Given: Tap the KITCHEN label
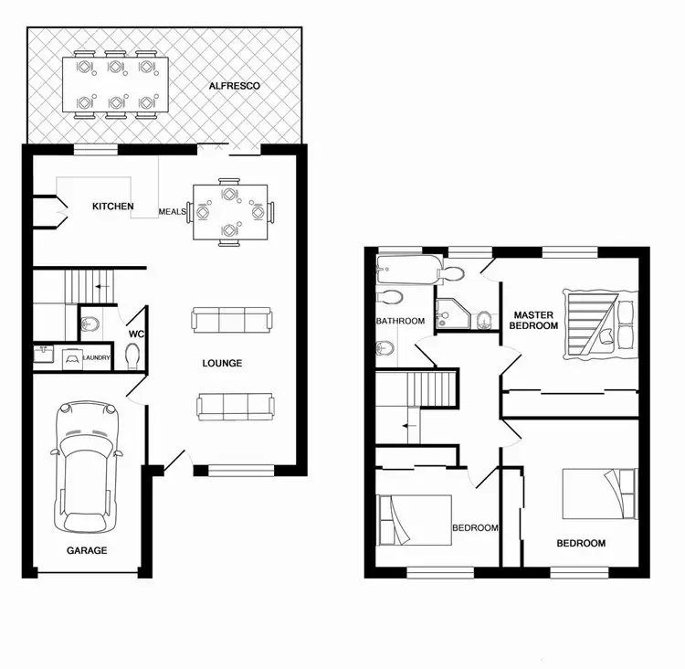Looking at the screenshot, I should [x=113, y=207].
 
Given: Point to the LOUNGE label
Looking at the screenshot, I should [x=222, y=364].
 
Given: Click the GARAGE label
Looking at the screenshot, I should [x=87, y=550].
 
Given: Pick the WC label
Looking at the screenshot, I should [x=136, y=334].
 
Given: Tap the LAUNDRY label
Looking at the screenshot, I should [x=96, y=357].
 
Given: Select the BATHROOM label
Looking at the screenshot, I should [x=400, y=321].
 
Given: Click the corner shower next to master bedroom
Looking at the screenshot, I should [x=453, y=313].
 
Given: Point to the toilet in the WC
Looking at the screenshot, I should [x=133, y=356].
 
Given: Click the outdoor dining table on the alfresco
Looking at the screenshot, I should [x=114, y=85].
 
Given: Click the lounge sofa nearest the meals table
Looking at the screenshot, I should [x=232, y=320].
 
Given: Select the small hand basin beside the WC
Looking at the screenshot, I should [x=89, y=322].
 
